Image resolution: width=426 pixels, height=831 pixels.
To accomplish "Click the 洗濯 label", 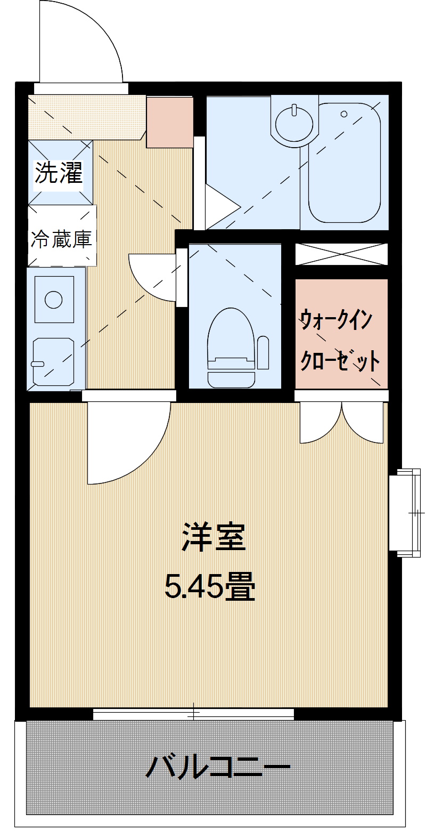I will click(x=59, y=173).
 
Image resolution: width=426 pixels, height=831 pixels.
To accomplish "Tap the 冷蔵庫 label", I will click(x=61, y=239).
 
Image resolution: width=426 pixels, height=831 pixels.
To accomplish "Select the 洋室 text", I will click(x=214, y=537).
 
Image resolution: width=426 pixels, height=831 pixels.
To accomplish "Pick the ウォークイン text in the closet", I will click(x=336, y=321).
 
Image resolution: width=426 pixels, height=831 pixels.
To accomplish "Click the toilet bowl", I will click(x=231, y=341).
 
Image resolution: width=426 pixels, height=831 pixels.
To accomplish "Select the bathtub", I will click(x=345, y=163).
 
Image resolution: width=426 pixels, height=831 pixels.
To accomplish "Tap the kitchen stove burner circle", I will click(x=54, y=299).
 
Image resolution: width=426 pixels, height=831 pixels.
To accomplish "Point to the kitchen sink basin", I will click(x=53, y=361).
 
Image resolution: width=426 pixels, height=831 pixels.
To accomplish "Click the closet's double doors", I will click(x=341, y=421).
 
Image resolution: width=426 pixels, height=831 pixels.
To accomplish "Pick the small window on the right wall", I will click(x=405, y=512).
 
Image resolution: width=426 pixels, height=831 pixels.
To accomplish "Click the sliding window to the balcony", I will click(x=194, y=713).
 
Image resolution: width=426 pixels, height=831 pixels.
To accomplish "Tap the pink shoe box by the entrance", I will click(x=169, y=123).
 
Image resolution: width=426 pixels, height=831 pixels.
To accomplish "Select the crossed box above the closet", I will click(x=341, y=254).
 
